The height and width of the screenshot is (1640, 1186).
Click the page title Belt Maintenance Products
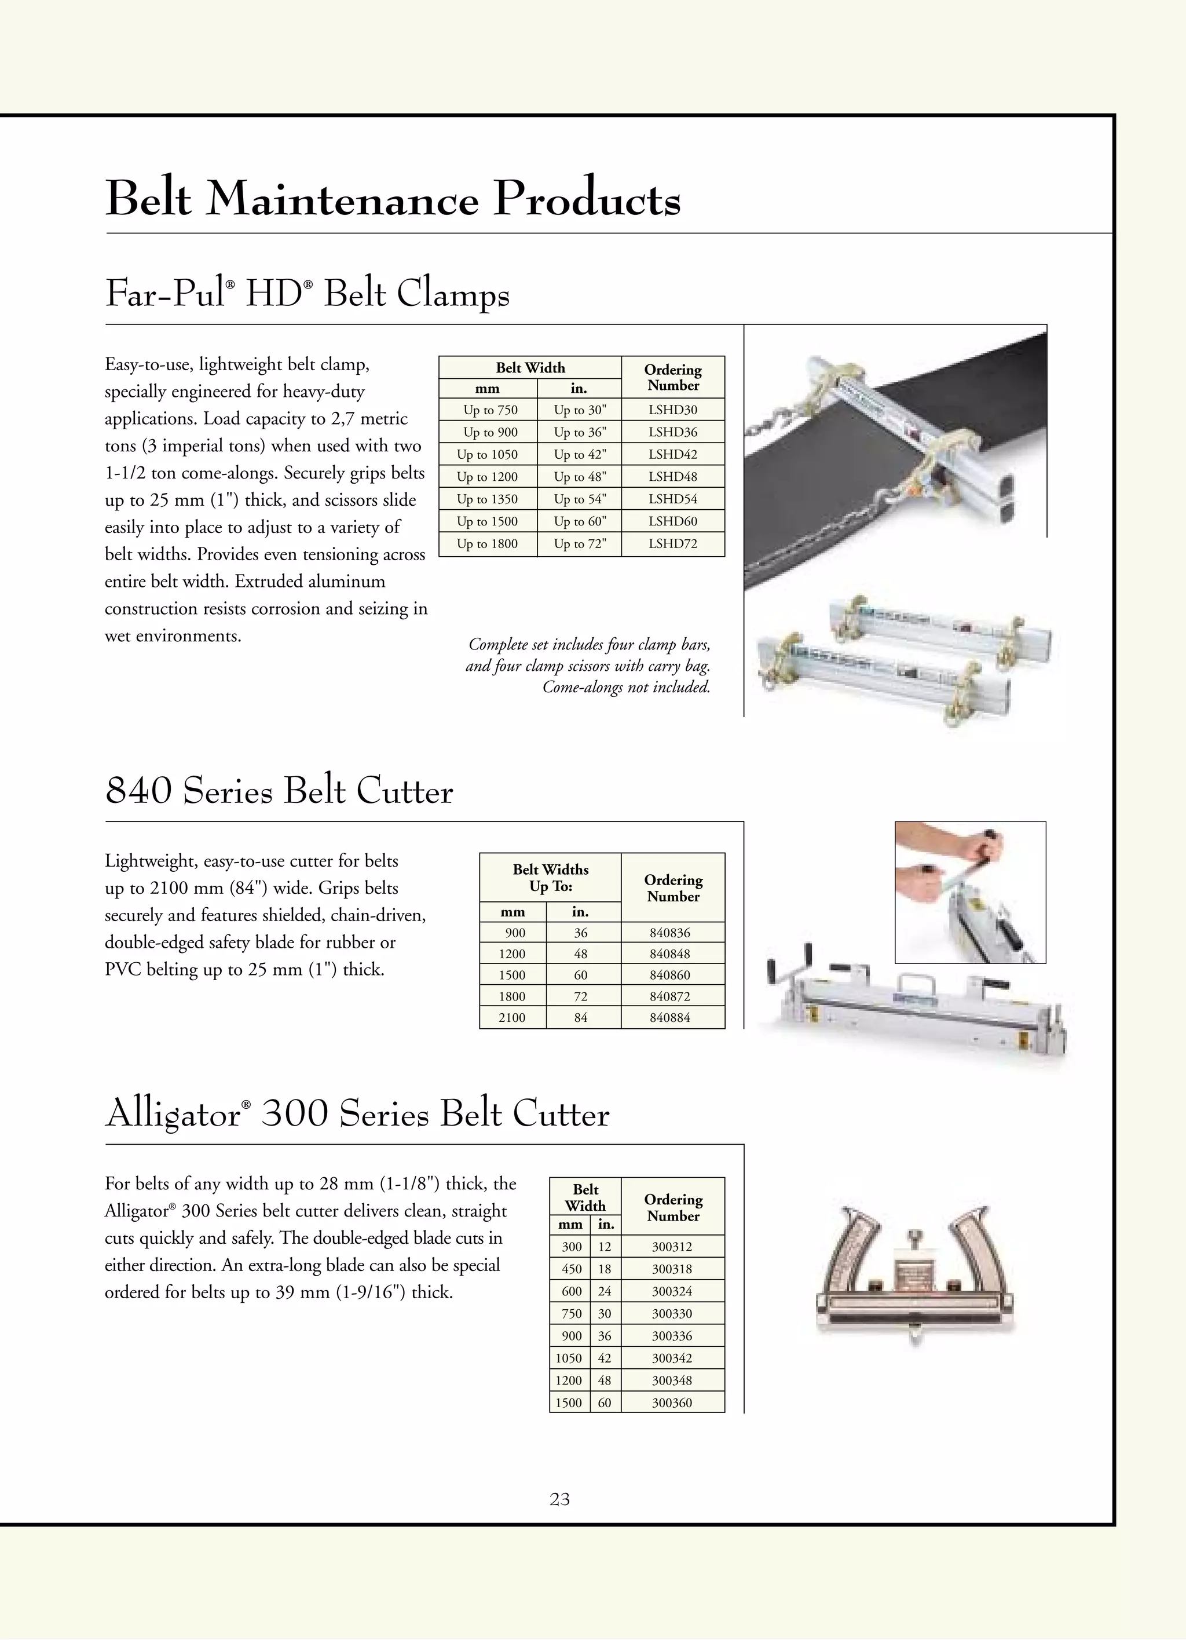pyautogui.click(x=393, y=198)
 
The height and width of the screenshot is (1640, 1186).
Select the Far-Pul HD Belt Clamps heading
pyautogui.click(x=307, y=294)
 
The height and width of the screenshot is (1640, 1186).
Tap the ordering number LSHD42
pyautogui.click(x=672, y=454)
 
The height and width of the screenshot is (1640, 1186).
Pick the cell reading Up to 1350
pyautogui.click(x=487, y=499)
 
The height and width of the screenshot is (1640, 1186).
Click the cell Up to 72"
pyautogui.click(x=580, y=544)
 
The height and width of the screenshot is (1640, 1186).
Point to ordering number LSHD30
pyautogui.click(x=672, y=410)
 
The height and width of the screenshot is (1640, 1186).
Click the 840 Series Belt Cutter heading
pyautogui.click(x=279, y=791)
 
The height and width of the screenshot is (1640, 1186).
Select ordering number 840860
pyautogui.click(x=670, y=975)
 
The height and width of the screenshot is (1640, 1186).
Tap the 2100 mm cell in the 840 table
pyautogui.click(x=512, y=1017)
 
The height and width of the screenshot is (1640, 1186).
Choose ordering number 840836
pyautogui.click(x=670, y=933)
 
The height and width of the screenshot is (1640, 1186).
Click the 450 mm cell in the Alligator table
pyautogui.click(x=571, y=1269)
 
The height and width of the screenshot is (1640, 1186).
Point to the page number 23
pyautogui.click(x=559, y=1499)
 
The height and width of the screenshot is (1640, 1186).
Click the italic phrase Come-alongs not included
pyautogui.click(x=626, y=687)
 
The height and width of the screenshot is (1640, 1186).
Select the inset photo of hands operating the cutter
pyautogui.click(x=970, y=892)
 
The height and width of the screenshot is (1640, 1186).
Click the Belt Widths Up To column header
pyautogui.click(x=550, y=878)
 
